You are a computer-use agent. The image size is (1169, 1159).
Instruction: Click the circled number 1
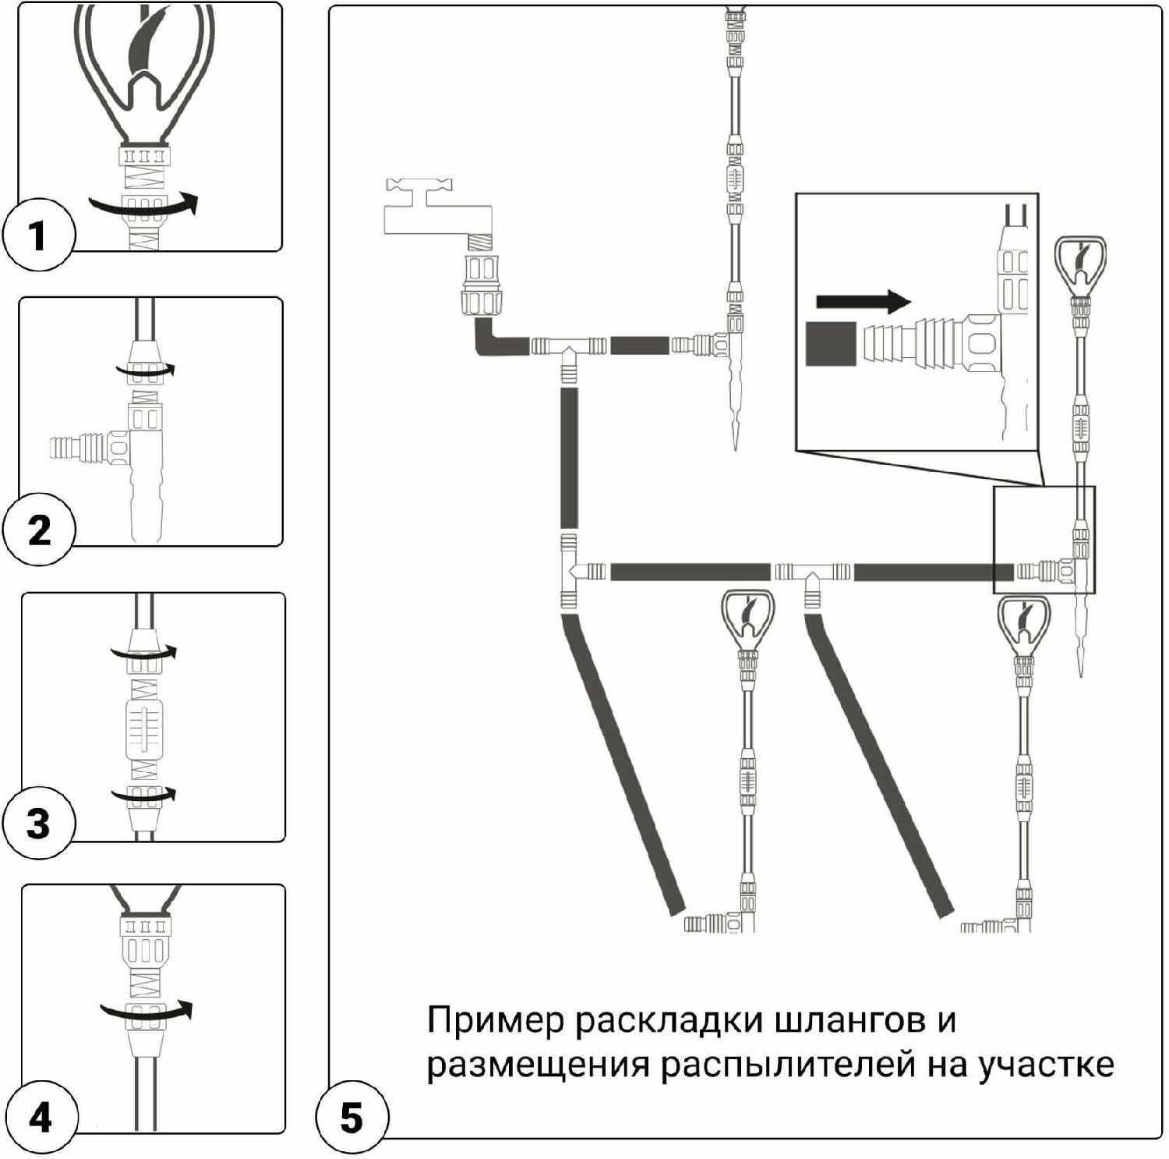(38, 235)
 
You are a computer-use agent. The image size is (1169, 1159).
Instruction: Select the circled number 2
(38, 530)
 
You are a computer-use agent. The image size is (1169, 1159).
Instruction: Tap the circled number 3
(38, 823)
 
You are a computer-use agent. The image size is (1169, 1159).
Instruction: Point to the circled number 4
(40, 1117)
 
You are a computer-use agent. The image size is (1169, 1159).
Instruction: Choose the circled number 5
(351, 1117)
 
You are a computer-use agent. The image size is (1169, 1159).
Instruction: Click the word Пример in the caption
(494, 1020)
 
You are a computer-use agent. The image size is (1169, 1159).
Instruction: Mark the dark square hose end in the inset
(831, 344)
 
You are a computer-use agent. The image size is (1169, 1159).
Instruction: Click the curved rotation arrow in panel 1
(144, 205)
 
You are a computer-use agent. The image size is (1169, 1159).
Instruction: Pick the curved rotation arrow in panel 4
(147, 1011)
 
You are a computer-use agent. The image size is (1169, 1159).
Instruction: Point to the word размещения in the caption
(538, 1064)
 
